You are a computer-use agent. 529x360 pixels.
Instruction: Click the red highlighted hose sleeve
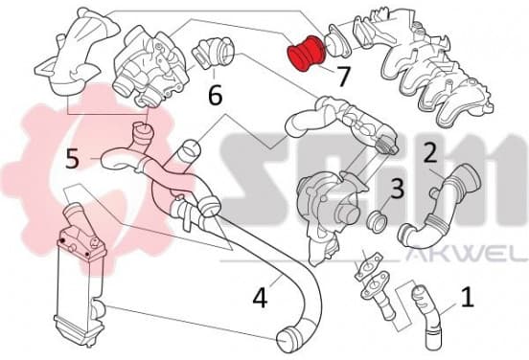306,53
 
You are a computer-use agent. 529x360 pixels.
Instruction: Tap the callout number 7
343,77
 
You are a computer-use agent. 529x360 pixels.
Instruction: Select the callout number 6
216,94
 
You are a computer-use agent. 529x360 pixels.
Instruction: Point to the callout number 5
72,158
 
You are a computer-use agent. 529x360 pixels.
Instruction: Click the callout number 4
260,298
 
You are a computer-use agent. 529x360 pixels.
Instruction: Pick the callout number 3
397,188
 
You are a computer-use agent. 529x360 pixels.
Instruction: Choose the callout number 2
430,153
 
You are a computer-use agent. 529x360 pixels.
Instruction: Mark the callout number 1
468,297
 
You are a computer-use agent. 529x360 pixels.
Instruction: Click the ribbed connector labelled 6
214,53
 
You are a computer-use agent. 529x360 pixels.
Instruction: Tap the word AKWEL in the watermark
467,257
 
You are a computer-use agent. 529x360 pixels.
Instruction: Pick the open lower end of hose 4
286,337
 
